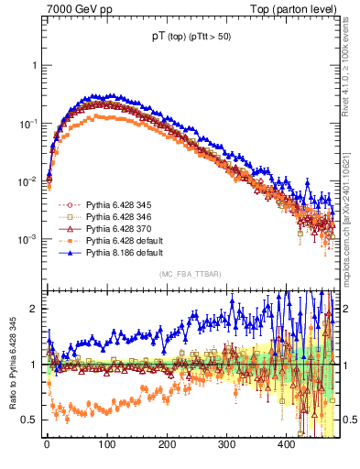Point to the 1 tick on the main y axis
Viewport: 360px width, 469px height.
pos(33,66)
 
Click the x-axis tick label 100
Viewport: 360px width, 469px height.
pos(106,444)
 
